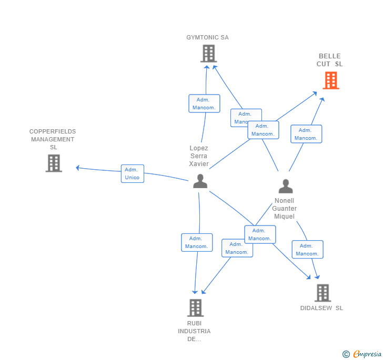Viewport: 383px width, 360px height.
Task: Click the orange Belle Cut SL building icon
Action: [x=330, y=80]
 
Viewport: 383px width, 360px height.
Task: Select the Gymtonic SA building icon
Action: [x=208, y=54]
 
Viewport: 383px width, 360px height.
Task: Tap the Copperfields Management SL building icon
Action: [x=54, y=163]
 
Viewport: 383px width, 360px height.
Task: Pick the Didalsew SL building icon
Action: [x=322, y=293]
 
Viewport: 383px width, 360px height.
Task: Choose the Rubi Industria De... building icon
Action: [x=195, y=307]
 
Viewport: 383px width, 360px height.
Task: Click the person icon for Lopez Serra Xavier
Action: [x=200, y=181]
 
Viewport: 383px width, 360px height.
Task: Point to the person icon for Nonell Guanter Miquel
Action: [x=285, y=187]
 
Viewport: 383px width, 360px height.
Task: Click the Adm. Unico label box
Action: [x=132, y=173]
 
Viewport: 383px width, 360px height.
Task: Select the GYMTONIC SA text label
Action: [x=207, y=37]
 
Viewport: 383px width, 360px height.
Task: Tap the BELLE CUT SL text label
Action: [x=329, y=60]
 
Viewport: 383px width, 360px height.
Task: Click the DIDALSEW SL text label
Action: [x=321, y=308]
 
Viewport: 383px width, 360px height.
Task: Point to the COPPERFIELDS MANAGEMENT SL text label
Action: [x=53, y=139]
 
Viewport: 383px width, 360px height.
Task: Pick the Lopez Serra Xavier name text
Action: [x=199, y=156]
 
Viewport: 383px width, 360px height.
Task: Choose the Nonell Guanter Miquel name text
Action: [x=284, y=209]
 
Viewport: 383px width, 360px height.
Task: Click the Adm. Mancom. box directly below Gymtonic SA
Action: [x=204, y=104]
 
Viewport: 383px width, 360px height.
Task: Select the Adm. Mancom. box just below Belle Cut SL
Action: [x=306, y=134]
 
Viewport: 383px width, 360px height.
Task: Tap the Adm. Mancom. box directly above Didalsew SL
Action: [x=307, y=250]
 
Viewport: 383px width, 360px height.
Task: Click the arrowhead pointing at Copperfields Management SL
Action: [x=78, y=168]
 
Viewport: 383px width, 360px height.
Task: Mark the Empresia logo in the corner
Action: [x=362, y=354]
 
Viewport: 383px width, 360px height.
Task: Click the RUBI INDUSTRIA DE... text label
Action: [x=194, y=331]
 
